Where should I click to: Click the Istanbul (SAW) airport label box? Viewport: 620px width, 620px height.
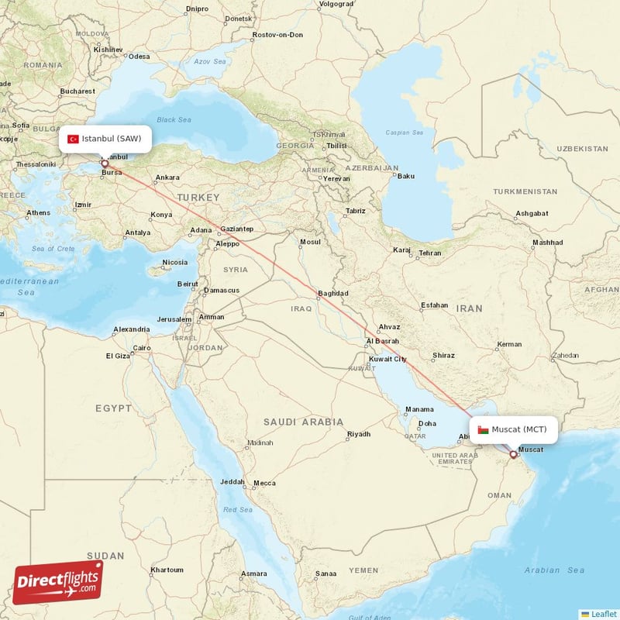point(105,139)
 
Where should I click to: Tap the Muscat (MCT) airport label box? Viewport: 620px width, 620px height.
point(513,429)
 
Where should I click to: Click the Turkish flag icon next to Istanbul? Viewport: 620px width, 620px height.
point(73,139)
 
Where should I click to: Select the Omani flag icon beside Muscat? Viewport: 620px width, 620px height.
point(483,429)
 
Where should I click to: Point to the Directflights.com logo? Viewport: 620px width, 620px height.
point(58,582)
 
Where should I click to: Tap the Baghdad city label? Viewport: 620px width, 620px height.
point(333,294)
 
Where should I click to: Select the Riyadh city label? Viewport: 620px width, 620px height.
point(359,434)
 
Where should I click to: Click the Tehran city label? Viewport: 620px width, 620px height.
point(430,253)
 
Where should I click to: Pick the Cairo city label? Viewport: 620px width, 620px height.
point(142,348)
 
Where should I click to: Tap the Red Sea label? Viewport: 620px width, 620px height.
point(238,510)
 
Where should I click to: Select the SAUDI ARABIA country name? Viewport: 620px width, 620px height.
point(303,422)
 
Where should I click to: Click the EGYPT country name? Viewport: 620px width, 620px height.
point(115,408)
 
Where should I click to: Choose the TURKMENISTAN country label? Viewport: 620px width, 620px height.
point(525,191)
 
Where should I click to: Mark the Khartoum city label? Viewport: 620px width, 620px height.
point(167,570)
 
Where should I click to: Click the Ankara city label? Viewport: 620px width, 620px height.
point(167,178)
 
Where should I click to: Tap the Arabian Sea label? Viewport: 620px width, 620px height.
point(555,570)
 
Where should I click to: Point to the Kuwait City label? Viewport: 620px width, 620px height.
point(387,359)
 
